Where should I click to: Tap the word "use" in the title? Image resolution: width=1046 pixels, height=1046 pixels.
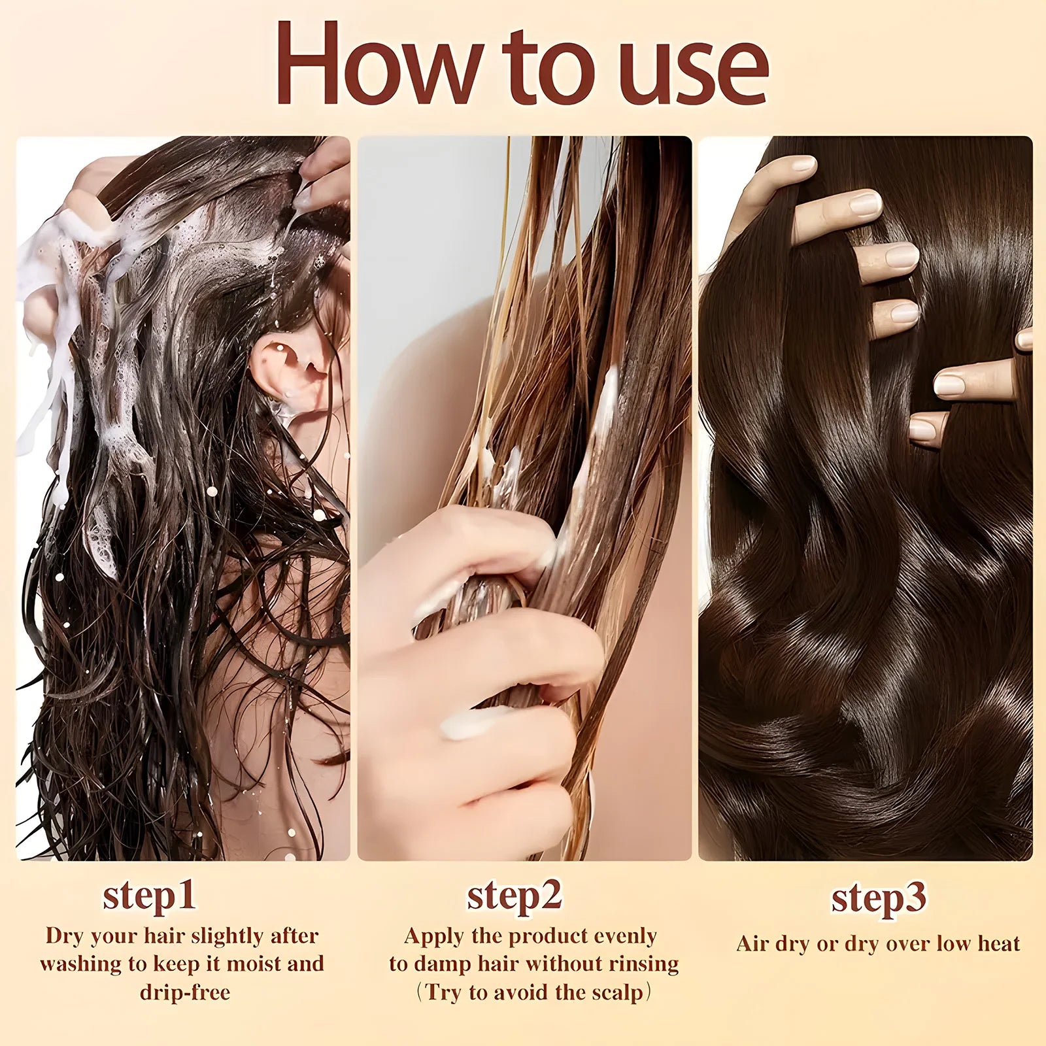click(693, 72)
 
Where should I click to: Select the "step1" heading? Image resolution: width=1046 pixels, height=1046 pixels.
click(149, 896)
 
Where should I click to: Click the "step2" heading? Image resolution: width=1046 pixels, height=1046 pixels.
click(515, 896)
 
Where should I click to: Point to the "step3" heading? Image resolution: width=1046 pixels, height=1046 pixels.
click(878, 899)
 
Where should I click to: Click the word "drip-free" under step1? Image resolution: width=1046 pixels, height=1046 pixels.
click(185, 992)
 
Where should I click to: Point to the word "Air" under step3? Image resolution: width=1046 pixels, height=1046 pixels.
click(752, 943)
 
